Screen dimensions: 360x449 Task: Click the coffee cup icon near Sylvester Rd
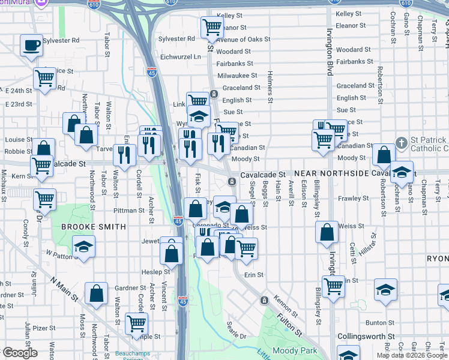coord(31,45)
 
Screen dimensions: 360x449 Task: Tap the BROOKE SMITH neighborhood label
coord(94,227)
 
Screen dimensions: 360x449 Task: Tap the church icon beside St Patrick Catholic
coord(402,144)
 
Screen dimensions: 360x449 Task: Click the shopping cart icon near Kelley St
coord(212,26)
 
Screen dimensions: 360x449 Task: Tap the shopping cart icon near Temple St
coord(137,323)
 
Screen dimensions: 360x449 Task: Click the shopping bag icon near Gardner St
coord(96,293)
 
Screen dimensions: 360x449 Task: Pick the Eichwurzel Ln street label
coord(180,56)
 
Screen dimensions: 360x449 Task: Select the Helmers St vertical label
coord(271,88)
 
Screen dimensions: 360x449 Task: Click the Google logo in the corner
coord(20,353)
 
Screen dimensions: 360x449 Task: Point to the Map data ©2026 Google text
coord(412,355)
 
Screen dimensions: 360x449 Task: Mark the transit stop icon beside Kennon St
coord(264,300)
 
